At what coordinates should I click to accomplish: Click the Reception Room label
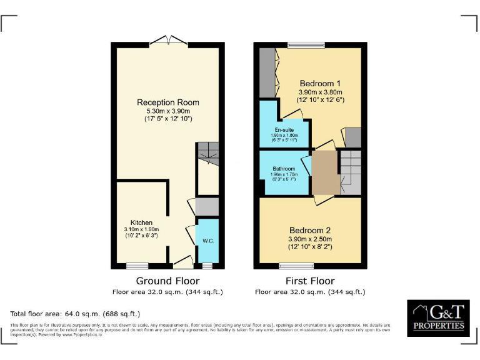(168, 102)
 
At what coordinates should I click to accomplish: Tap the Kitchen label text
(141, 222)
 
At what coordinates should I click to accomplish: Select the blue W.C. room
(207, 241)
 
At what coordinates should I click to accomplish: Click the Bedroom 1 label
(320, 83)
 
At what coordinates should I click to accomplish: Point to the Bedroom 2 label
(310, 230)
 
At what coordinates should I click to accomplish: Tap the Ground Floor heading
(167, 281)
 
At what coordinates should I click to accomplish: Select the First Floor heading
(310, 281)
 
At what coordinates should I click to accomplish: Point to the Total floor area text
(75, 314)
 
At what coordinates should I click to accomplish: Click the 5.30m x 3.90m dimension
(168, 111)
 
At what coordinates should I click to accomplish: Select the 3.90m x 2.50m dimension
(310, 239)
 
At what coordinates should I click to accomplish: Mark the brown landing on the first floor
(324, 172)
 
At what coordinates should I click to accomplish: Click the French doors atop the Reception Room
(169, 41)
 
